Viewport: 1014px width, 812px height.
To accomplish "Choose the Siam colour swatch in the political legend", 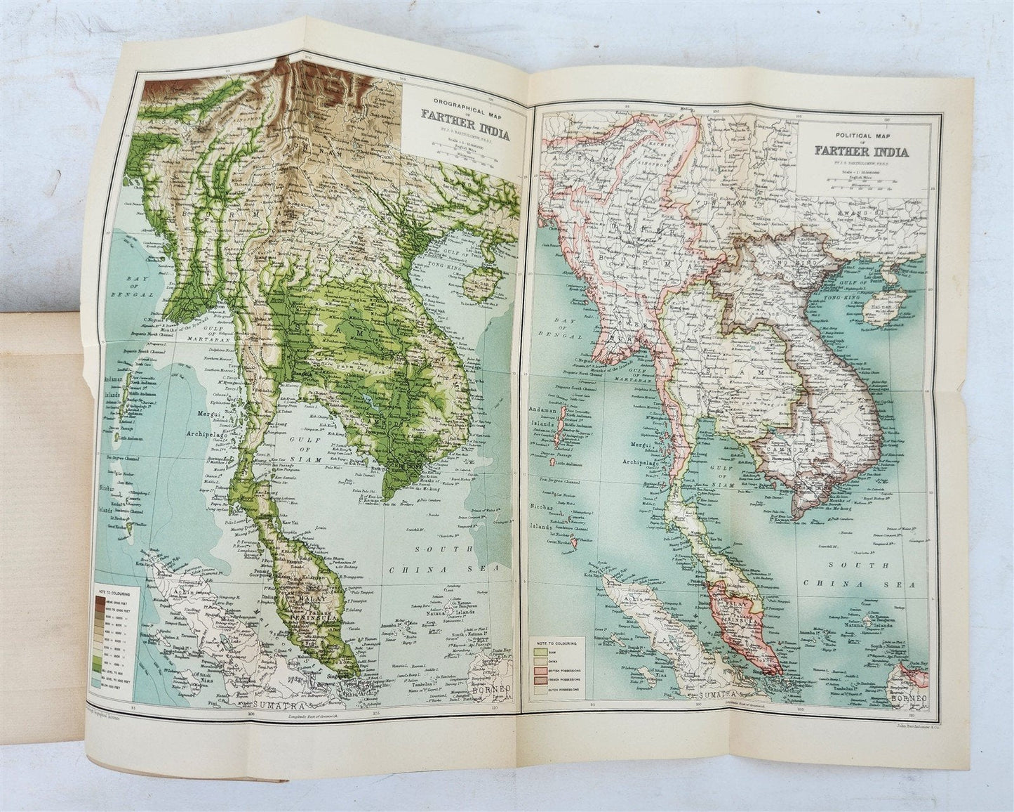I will tap(540, 652).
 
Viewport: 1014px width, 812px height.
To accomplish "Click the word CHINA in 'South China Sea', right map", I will tap(869, 584).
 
